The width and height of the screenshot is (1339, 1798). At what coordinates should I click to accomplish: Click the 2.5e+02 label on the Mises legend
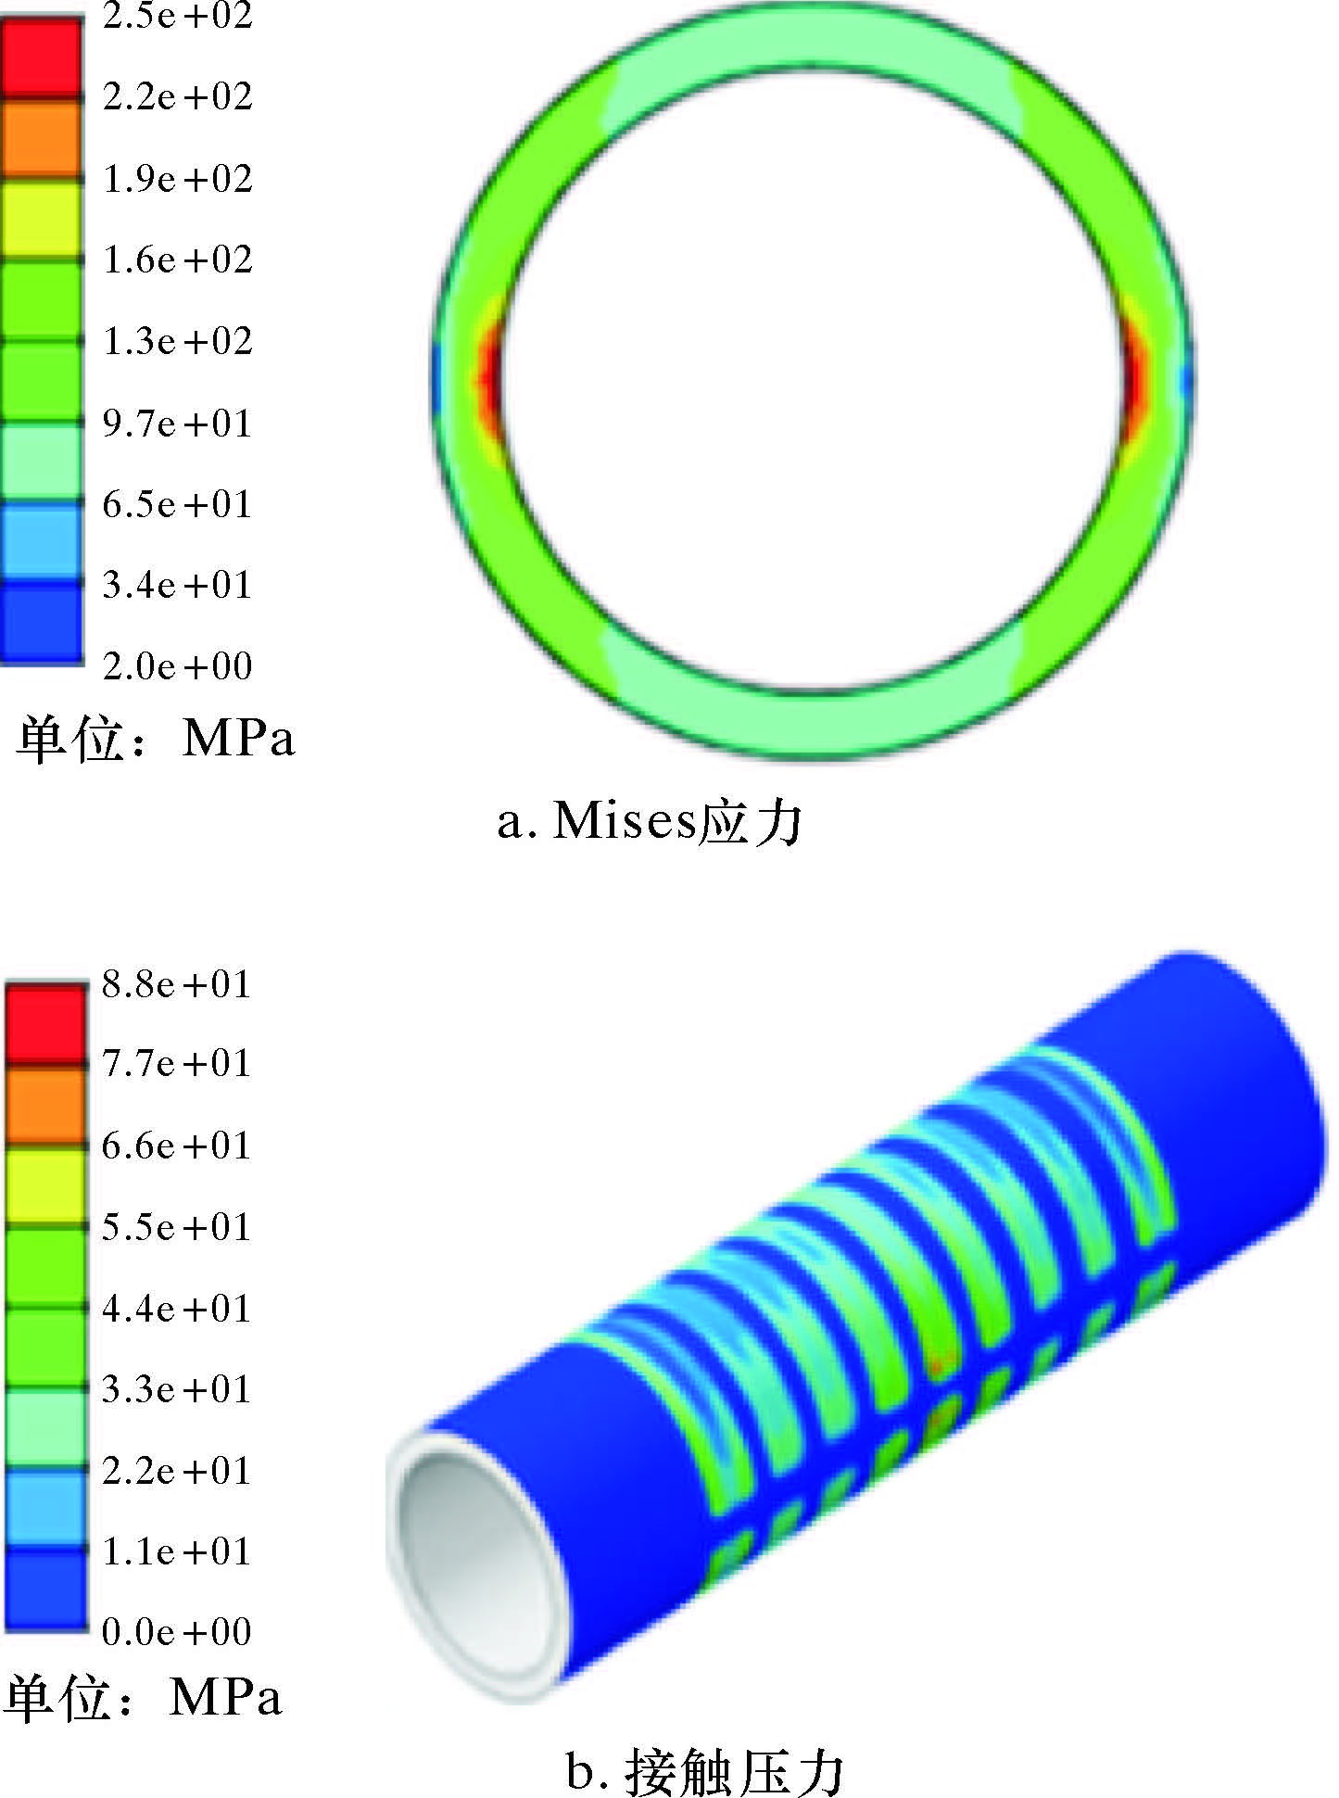177,16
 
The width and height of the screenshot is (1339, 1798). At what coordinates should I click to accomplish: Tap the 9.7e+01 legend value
177,424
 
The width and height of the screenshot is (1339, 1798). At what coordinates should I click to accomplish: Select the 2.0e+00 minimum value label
177,665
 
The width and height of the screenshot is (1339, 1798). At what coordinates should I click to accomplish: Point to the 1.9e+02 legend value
177,179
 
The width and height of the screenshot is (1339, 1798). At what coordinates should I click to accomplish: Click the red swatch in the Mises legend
41,57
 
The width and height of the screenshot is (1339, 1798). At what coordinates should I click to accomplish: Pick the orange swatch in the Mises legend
41,137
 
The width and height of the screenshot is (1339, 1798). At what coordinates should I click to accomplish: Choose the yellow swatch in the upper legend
41,219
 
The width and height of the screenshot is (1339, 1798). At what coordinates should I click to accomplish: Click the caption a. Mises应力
649,821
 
